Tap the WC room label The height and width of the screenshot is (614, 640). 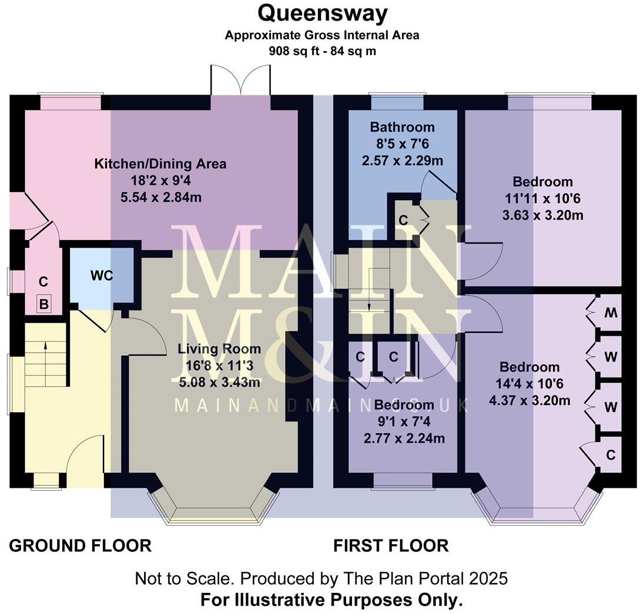[101, 275]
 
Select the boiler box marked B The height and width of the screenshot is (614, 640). [43, 304]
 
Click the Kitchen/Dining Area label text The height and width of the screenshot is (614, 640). [160, 164]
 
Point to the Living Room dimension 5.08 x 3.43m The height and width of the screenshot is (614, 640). [219, 382]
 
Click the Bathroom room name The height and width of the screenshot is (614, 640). [403, 127]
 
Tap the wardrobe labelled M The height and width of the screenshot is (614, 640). [611, 312]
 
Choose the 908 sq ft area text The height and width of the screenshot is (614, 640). [322, 51]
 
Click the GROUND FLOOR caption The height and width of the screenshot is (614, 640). [81, 545]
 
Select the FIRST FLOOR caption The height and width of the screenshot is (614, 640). [391, 545]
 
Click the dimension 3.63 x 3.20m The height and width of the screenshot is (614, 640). [542, 215]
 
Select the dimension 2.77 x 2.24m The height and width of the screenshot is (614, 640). [404, 438]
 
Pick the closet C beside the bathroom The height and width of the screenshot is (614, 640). [403, 220]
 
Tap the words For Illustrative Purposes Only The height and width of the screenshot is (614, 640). [331, 600]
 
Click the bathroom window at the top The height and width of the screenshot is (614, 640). [397, 102]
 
